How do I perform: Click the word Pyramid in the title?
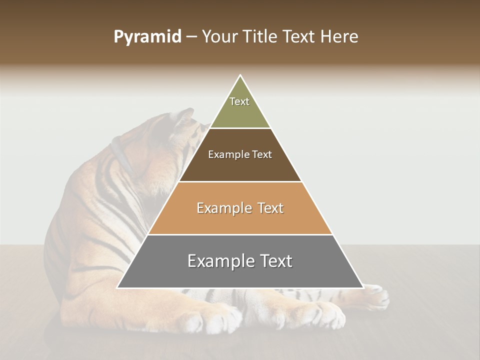[x=147, y=37]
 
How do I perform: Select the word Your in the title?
[x=220, y=37]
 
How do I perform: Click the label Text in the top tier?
[x=239, y=101]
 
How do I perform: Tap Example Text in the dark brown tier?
[x=240, y=154]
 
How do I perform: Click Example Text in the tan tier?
[x=240, y=208]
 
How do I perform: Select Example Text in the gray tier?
[x=240, y=261]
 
